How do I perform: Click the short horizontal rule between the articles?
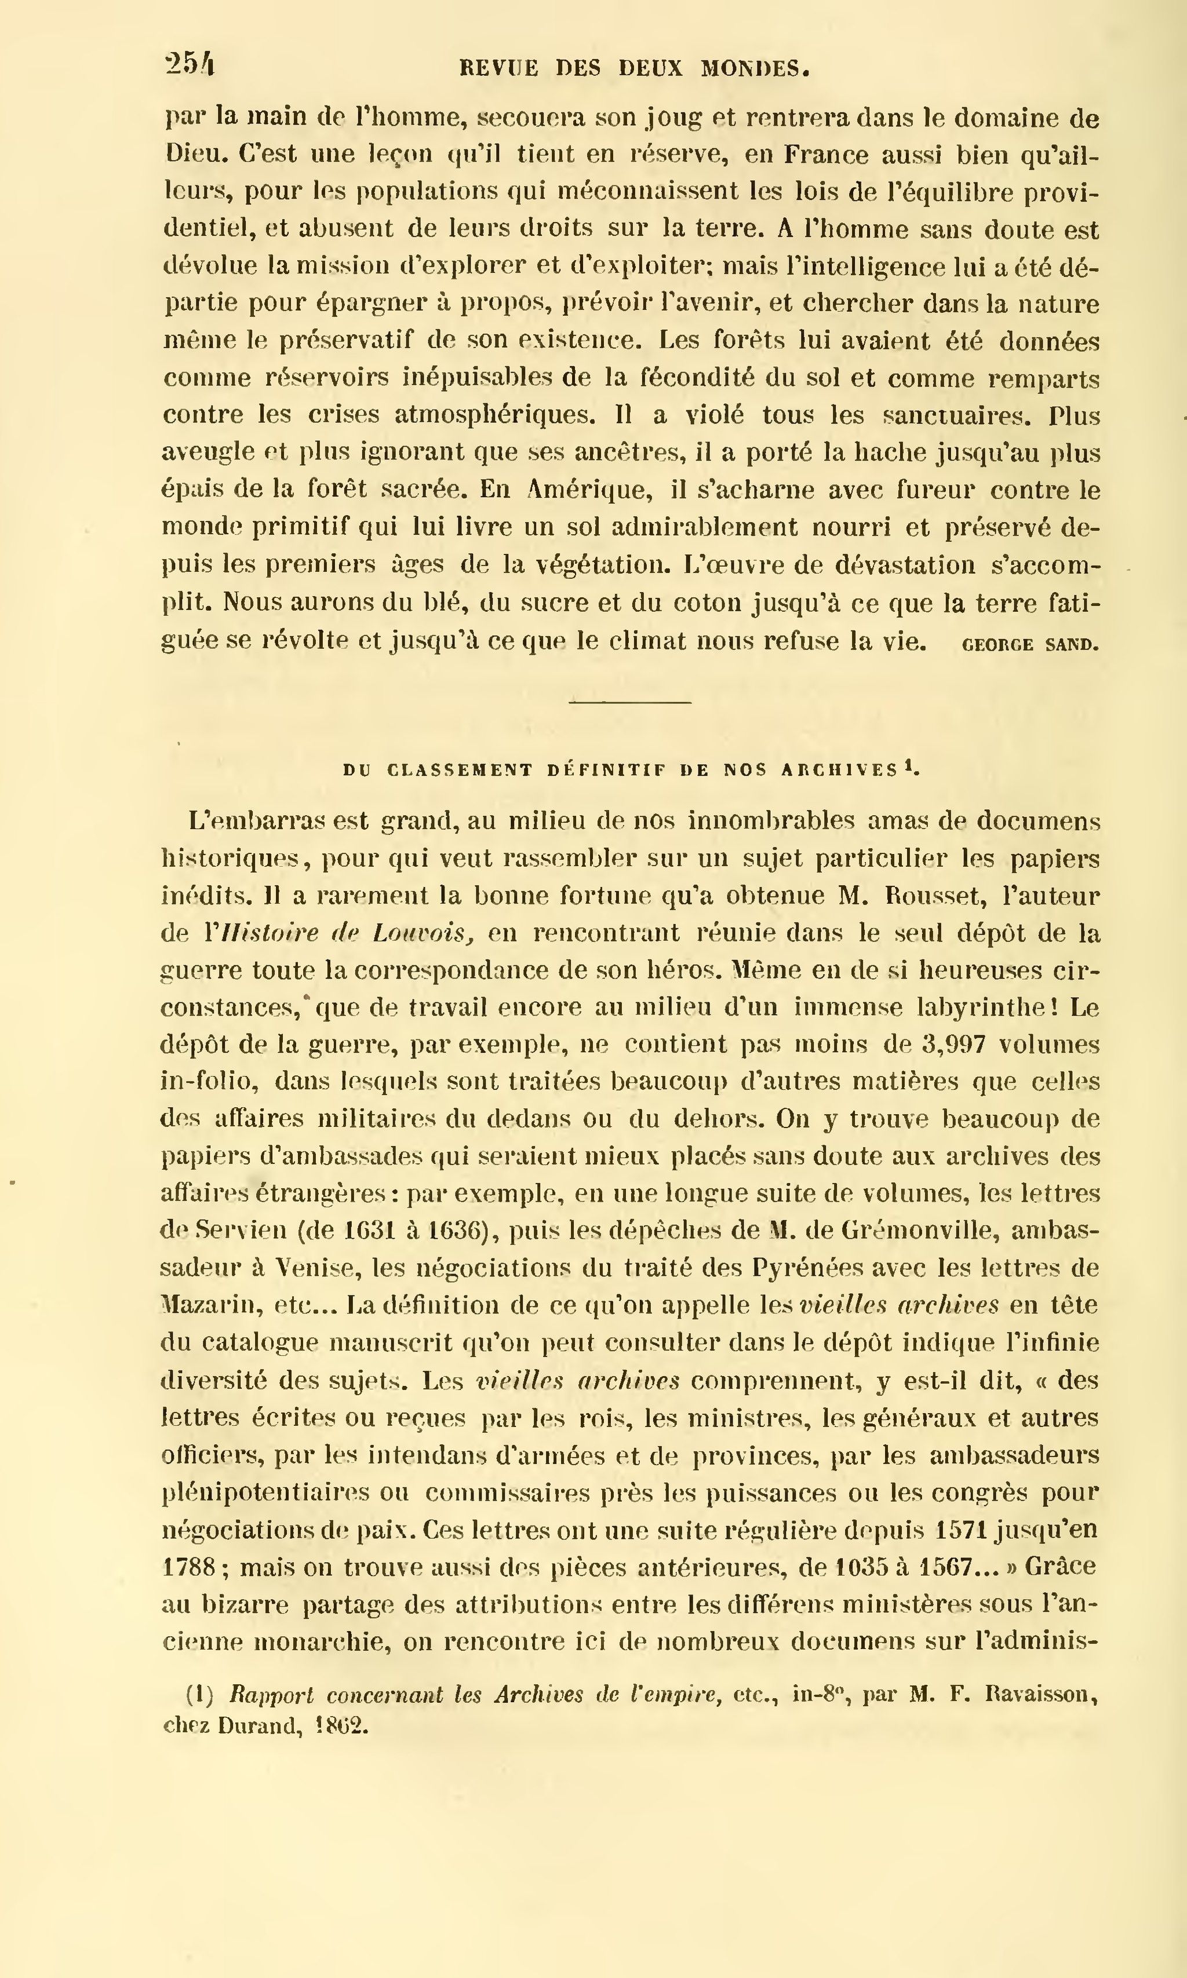(x=629, y=702)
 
